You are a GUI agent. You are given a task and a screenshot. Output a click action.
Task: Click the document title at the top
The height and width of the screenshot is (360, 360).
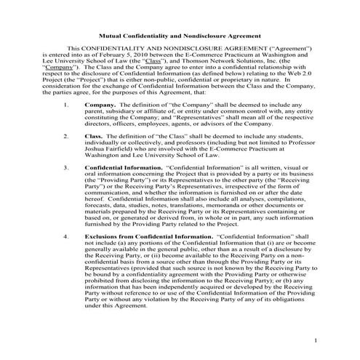pos(180,36)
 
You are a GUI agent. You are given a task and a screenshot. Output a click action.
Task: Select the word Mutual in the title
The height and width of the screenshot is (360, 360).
pos(113,36)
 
